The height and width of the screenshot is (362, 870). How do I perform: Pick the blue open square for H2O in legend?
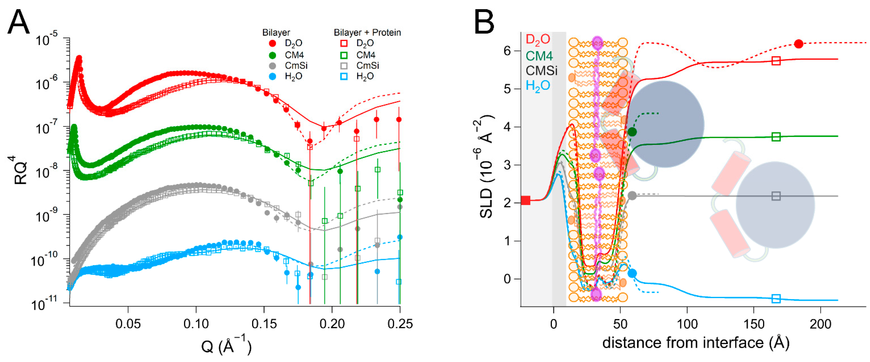344,76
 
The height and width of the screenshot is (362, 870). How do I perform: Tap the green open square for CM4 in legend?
344,55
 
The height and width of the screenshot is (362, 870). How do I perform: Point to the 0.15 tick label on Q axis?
264,324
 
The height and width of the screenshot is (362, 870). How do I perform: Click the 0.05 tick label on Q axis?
128,324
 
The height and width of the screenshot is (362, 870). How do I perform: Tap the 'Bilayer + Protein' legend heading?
367,32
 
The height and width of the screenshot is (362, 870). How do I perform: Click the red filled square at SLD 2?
525,200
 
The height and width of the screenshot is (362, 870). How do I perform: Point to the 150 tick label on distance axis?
754,324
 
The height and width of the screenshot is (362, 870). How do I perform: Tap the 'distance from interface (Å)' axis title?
696,343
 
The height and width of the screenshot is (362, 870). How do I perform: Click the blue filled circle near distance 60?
632,273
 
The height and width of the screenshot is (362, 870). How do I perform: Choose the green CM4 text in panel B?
539,55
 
